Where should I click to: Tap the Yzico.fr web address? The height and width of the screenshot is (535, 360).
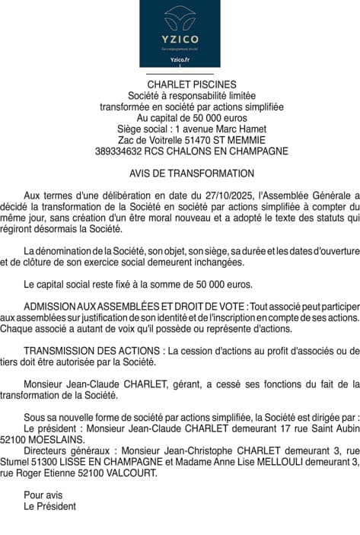pos(180,59)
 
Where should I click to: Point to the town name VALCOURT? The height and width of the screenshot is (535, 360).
pos(132,473)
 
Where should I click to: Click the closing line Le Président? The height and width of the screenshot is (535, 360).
pos(50,506)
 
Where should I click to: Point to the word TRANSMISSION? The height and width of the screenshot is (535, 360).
pos(57,351)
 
